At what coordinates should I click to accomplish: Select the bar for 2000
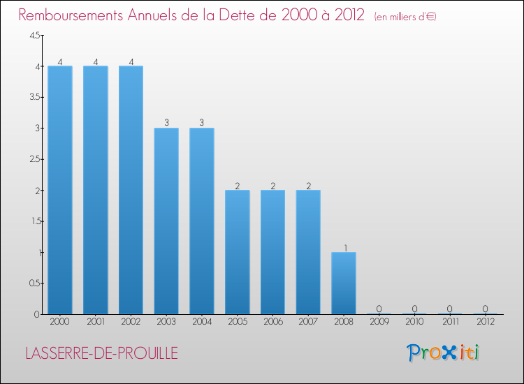click(60, 190)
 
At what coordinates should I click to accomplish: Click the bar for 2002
click(131, 190)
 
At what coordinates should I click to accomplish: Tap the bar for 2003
click(166, 221)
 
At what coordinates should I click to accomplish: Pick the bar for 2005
click(237, 252)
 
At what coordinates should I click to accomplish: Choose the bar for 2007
click(308, 252)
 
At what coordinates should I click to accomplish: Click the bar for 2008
click(344, 283)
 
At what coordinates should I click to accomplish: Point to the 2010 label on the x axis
click(414, 322)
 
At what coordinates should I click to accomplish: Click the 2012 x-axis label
click(486, 322)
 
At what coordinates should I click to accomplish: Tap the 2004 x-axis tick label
click(202, 322)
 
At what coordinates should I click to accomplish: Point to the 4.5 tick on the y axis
click(34, 36)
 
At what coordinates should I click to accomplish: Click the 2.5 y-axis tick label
click(34, 159)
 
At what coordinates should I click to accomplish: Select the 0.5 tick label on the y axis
click(34, 283)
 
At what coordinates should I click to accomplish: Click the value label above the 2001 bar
click(96, 61)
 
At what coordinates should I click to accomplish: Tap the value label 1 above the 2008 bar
click(344, 247)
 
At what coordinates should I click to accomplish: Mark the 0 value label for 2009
click(379, 309)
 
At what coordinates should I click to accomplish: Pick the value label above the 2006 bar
click(272, 186)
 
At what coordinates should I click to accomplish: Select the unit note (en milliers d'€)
click(405, 16)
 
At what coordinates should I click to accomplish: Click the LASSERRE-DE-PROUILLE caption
click(101, 353)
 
